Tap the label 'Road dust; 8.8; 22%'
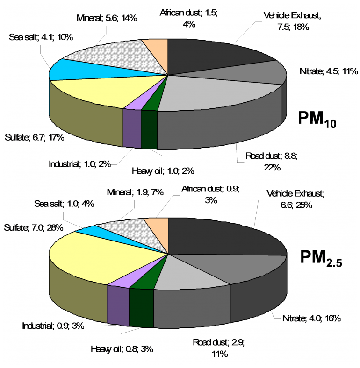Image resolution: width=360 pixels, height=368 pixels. coord(263,162)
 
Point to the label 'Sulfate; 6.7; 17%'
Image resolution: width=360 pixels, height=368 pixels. coord(34,137)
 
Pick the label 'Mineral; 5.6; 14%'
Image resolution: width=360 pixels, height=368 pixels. coord(106,18)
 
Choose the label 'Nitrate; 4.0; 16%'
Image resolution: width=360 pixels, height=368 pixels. coord(311,318)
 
